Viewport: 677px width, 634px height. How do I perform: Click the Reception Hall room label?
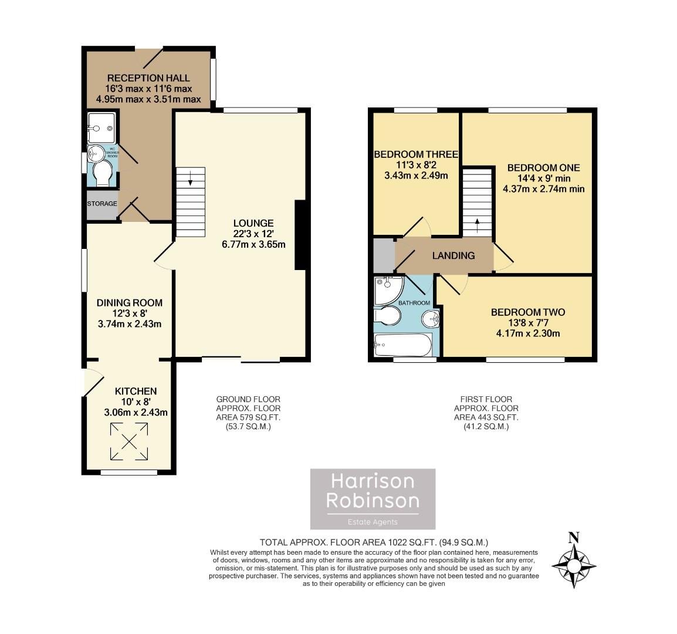(148, 77)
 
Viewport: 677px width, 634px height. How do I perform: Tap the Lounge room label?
(253, 223)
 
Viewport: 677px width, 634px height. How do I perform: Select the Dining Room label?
(129, 303)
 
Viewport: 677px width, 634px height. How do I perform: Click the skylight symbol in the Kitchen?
(128, 441)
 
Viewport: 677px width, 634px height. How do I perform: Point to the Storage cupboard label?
(102, 204)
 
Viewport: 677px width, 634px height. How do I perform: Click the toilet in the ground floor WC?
(103, 174)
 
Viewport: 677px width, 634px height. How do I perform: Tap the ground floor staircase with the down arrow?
(191, 203)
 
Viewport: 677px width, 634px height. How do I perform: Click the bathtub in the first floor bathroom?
(404, 345)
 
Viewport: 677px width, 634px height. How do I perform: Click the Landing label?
(453, 255)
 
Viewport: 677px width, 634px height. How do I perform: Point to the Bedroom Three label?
(415, 155)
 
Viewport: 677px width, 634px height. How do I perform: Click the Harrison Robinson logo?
(373, 498)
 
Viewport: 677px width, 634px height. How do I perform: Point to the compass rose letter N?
(574, 537)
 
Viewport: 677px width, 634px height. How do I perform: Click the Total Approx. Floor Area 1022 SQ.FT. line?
(374, 542)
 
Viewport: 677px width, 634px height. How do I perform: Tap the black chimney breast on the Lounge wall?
(300, 235)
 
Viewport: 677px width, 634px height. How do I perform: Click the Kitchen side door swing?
(93, 382)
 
